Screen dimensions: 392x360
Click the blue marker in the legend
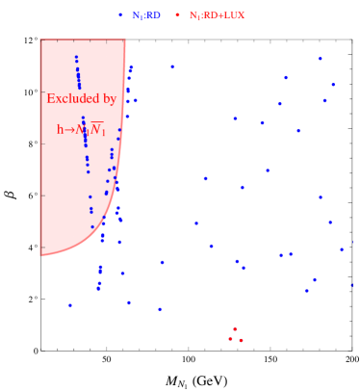pyautogui.click(x=120, y=15)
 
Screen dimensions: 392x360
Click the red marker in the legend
pyautogui.click(x=177, y=15)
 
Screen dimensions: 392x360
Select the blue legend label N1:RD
pyautogui.click(x=146, y=15)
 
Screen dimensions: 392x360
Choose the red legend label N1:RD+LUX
pyautogui.click(x=217, y=15)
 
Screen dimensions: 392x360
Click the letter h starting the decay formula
pyautogui.click(x=60, y=130)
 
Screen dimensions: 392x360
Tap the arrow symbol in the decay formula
pyautogui.click(x=70, y=130)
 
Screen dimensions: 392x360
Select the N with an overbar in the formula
pyautogui.click(x=97, y=130)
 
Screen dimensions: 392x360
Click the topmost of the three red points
pyautogui.click(x=234, y=329)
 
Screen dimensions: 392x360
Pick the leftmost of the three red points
pyautogui.click(x=230, y=339)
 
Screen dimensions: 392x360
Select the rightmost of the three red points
pyautogui.click(x=241, y=340)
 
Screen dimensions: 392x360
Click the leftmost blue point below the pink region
pyautogui.click(x=70, y=305)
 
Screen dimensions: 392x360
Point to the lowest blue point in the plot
pyautogui.click(x=160, y=309)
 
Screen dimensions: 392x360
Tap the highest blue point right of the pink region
pyautogui.click(x=321, y=59)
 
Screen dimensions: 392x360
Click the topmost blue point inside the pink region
pyautogui.click(x=76, y=57)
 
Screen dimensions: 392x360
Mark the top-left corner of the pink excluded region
pyautogui.click(x=41, y=40)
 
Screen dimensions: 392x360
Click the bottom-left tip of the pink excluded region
pyautogui.click(x=41, y=255)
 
